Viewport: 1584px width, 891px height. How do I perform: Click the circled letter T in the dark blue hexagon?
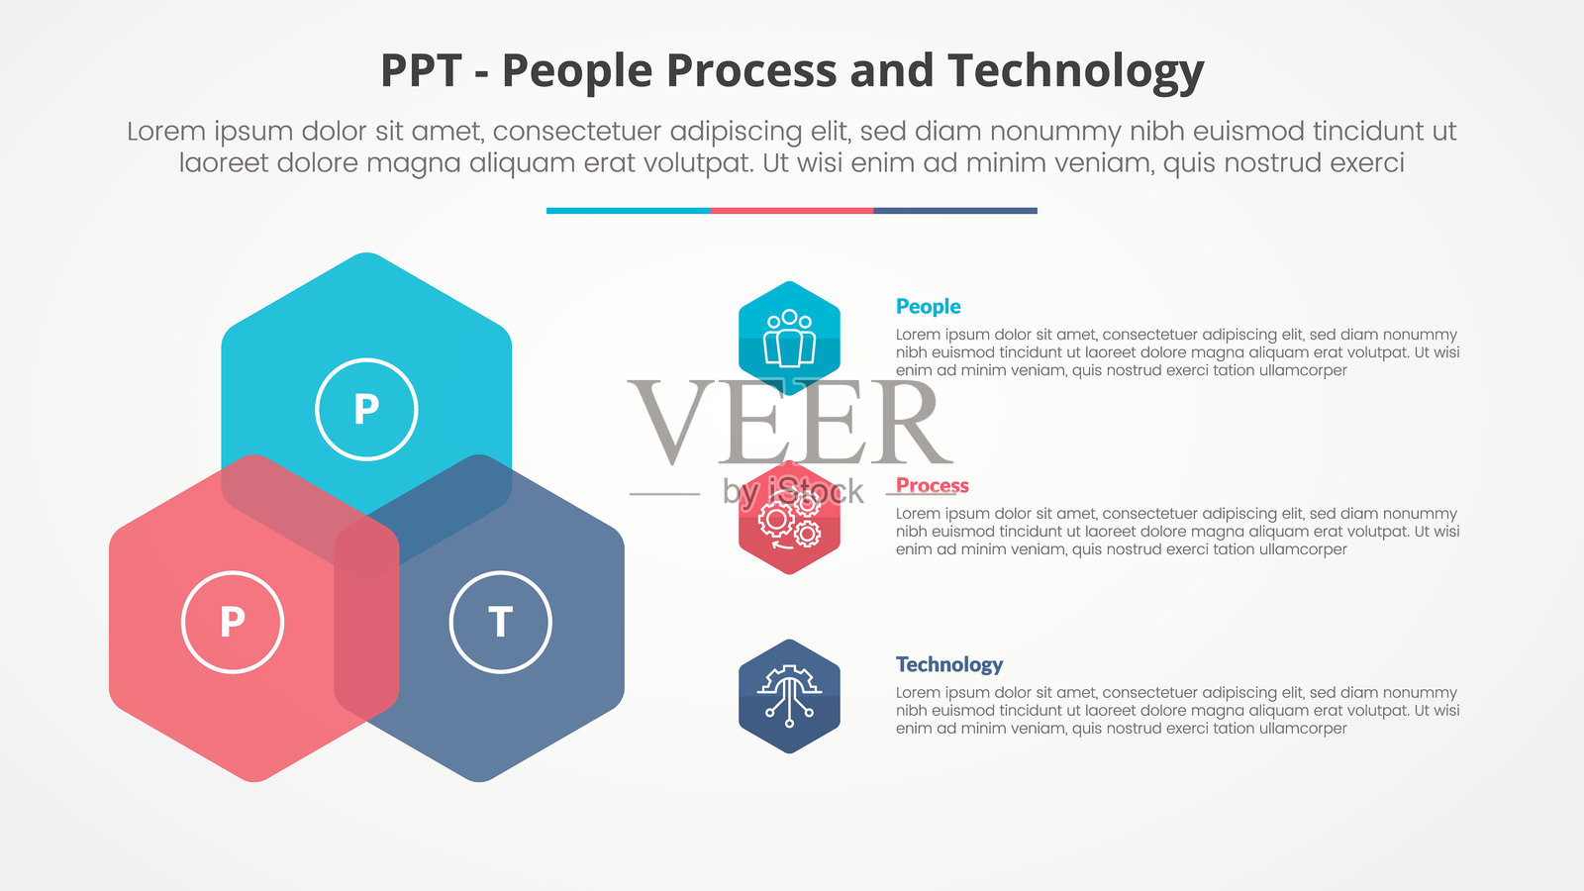point(500,623)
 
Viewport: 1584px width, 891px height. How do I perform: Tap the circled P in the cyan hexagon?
point(366,410)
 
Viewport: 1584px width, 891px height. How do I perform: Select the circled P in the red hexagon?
point(233,623)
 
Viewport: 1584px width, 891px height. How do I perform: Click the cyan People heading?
point(928,306)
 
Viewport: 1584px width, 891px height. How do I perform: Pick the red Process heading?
point(932,485)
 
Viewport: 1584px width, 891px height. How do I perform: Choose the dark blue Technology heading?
point(949,664)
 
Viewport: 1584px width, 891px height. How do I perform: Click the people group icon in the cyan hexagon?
point(789,338)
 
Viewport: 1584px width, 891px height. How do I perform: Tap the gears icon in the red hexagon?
point(789,520)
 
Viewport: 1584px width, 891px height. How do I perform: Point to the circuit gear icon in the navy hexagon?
point(789,697)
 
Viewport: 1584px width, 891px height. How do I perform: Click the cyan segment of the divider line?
point(628,211)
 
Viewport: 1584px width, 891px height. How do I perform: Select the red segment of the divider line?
point(792,211)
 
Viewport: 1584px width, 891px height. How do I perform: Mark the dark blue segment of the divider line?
point(955,211)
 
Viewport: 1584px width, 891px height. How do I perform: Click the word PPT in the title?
point(421,70)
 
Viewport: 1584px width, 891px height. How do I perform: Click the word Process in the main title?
point(751,70)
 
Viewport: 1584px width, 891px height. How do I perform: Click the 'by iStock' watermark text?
point(793,491)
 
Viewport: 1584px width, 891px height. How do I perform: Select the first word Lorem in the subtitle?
point(166,132)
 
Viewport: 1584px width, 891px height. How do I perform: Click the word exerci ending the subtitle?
point(1366,163)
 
